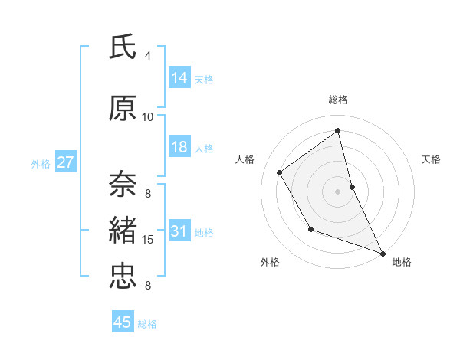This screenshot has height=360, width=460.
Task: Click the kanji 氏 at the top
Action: tap(123, 47)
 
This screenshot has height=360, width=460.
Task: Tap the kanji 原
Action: tap(123, 108)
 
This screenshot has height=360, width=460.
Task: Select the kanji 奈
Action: tap(123, 183)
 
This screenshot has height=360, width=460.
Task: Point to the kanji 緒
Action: tap(123, 229)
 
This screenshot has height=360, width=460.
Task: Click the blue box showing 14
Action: tap(179, 77)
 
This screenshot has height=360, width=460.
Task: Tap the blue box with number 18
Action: tap(179, 147)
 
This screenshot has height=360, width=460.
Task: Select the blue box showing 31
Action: tap(179, 231)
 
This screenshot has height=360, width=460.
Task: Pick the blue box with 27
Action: tap(65, 162)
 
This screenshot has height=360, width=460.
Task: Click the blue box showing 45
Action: tap(123, 322)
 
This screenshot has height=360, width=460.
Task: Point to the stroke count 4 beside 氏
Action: tap(148, 56)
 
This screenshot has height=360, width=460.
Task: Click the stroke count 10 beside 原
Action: tap(148, 117)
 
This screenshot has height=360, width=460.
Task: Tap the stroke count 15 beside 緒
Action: tap(148, 240)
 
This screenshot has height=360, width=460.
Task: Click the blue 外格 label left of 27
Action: tap(41, 163)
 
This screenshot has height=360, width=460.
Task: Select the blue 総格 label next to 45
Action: tap(147, 323)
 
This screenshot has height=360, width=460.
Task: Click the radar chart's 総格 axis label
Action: tap(338, 100)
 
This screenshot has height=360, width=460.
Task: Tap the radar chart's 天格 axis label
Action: tap(431, 159)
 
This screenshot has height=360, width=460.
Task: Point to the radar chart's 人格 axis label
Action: tap(245, 159)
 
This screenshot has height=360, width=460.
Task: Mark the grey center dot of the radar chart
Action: tap(337, 191)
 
